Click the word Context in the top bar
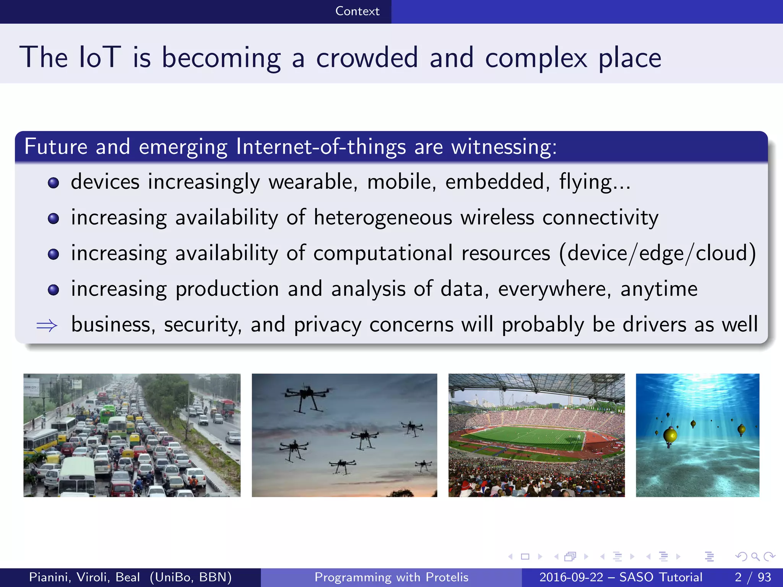[x=357, y=11]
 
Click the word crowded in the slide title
[x=367, y=58]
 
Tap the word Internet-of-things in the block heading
[x=321, y=147]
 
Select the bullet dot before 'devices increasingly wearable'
[x=54, y=183]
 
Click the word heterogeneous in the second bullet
[x=383, y=218]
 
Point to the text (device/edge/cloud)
[x=657, y=253]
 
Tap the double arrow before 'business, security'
[x=47, y=326]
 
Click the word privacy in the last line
[x=327, y=325]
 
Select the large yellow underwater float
[x=670, y=435]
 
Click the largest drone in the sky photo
[x=307, y=396]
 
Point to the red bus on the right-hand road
[x=227, y=407]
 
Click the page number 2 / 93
[x=752, y=577]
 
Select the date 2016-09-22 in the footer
[x=571, y=577]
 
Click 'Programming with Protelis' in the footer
[x=391, y=577]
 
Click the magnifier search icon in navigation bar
[x=755, y=556]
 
